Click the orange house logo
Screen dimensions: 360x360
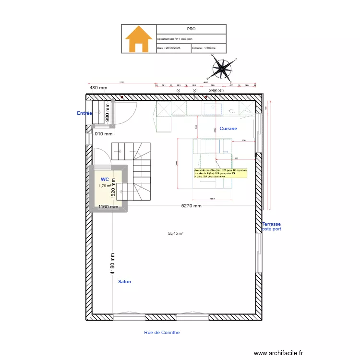coord(139,39)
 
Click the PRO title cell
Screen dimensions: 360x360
coord(191,29)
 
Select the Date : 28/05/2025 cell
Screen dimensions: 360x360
coord(173,48)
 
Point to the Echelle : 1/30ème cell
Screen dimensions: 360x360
coord(208,48)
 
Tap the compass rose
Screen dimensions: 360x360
coord(221,68)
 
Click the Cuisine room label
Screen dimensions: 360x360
coord(228,129)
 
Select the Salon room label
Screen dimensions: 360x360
coord(124,282)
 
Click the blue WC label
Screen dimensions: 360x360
coord(105,179)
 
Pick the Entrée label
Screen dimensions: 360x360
coord(84,113)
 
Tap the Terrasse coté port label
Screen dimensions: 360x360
coord(272,227)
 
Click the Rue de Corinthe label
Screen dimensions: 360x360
coord(162,332)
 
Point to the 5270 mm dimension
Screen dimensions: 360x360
coord(191,205)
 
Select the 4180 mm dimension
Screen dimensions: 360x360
coord(112,264)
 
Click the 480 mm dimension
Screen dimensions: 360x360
coord(99,88)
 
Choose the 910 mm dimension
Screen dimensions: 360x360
coord(103,134)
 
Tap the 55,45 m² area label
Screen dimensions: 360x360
coord(176,234)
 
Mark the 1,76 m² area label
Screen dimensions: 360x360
coord(105,186)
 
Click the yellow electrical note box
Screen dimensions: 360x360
coord(221,173)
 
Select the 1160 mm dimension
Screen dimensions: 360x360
coord(108,207)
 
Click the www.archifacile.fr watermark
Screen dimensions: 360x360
coord(278,353)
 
